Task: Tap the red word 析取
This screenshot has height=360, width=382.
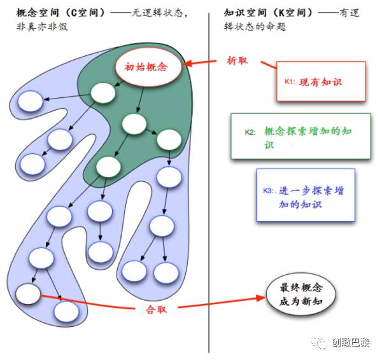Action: [x=237, y=61]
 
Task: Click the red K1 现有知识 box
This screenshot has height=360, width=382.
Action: [x=321, y=81]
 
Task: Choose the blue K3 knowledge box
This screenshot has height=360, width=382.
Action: [x=306, y=195]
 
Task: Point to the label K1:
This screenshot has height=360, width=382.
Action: [x=291, y=82]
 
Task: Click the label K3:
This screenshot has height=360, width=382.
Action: [x=271, y=191]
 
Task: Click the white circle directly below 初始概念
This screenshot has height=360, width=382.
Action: [x=103, y=92]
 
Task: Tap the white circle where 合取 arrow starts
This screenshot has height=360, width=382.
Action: [x=28, y=293]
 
